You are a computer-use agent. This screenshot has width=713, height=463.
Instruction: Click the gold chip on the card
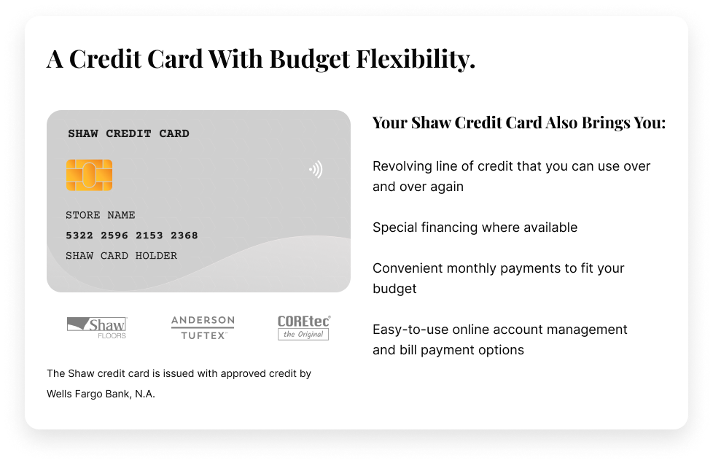[x=89, y=175]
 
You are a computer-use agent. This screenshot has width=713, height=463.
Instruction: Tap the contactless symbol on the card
[x=316, y=169]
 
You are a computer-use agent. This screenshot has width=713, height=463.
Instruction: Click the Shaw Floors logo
[x=97, y=328]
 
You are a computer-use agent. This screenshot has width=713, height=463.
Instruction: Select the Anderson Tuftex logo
[x=203, y=328]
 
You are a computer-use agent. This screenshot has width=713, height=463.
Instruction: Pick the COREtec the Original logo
[x=304, y=327]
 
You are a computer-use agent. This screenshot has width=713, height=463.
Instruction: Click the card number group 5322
[x=79, y=236]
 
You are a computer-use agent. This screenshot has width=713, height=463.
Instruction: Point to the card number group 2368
[x=184, y=236]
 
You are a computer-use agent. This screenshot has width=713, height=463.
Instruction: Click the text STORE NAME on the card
[x=101, y=215]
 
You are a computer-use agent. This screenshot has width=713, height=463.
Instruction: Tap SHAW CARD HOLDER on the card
[x=122, y=256]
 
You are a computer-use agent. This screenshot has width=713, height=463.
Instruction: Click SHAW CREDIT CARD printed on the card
[x=129, y=133]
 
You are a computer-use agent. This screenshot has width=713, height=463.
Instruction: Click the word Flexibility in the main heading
[x=415, y=59]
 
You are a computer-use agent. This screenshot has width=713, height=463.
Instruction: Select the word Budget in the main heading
[x=310, y=60]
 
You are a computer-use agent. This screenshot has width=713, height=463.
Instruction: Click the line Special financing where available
[x=475, y=227]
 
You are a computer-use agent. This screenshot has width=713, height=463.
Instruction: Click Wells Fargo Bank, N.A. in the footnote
[x=101, y=394]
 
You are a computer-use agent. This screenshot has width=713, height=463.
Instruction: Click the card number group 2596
[x=114, y=236]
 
